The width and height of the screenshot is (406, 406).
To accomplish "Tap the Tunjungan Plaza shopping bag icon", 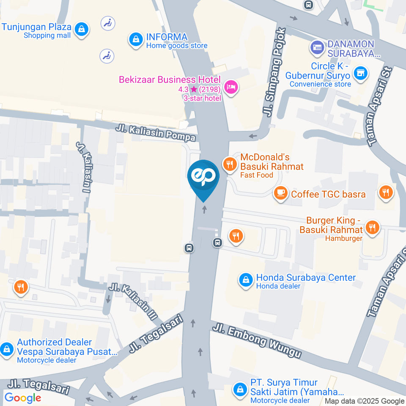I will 80,29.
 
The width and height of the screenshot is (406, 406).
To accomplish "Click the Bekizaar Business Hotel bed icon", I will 231,88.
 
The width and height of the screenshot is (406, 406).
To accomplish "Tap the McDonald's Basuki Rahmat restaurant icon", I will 230,164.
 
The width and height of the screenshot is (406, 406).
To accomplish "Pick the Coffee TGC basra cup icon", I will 280,193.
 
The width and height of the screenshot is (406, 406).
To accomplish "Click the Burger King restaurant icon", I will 373,227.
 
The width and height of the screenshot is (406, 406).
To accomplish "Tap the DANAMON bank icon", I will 317,47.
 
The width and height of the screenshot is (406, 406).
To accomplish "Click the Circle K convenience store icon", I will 360,72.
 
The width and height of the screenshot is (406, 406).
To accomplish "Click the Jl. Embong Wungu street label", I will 257,341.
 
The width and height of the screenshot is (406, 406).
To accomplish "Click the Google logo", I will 22,398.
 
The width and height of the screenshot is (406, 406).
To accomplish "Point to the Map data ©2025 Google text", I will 365,401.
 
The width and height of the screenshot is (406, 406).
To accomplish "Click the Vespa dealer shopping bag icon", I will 7,349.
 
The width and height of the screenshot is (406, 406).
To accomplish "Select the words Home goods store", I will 177,46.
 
